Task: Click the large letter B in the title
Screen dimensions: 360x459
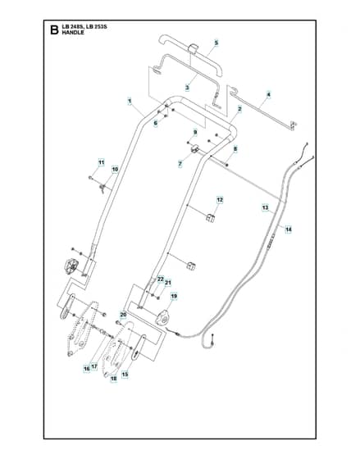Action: [x=54, y=30]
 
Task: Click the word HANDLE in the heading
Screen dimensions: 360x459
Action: [x=73, y=33]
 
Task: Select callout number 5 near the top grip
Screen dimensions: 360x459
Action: [x=216, y=43]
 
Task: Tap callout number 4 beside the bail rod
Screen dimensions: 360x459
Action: [x=268, y=94]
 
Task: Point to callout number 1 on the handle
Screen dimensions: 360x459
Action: [x=130, y=102]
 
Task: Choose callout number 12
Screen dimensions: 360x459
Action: [x=220, y=200]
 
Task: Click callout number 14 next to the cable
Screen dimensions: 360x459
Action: [x=289, y=229]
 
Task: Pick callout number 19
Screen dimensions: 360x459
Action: [x=174, y=297]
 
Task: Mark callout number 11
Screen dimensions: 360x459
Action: [x=101, y=162]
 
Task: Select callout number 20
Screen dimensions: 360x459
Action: [x=123, y=315]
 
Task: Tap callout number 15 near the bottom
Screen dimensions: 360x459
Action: [x=125, y=374]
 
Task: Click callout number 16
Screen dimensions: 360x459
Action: [x=87, y=369]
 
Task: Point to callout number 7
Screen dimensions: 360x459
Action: [x=180, y=164]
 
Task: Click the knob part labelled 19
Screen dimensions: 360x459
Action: [x=163, y=318]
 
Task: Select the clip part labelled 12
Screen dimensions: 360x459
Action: [x=210, y=218]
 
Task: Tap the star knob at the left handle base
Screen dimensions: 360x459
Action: [x=71, y=266]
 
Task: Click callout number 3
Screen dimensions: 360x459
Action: [x=187, y=87]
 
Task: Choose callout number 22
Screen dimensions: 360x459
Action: [x=160, y=279]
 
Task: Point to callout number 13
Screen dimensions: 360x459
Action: [x=265, y=208]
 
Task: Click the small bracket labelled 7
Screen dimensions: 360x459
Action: [x=194, y=148]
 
